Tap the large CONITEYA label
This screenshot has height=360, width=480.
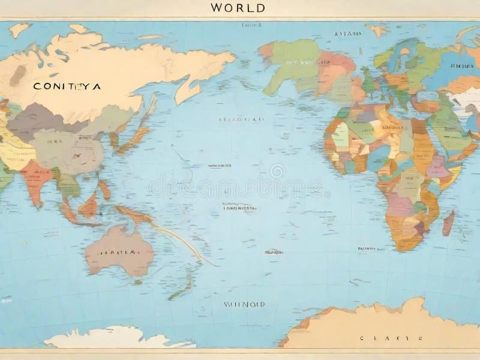(67, 86)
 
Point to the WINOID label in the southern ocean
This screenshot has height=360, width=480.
(244, 304)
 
